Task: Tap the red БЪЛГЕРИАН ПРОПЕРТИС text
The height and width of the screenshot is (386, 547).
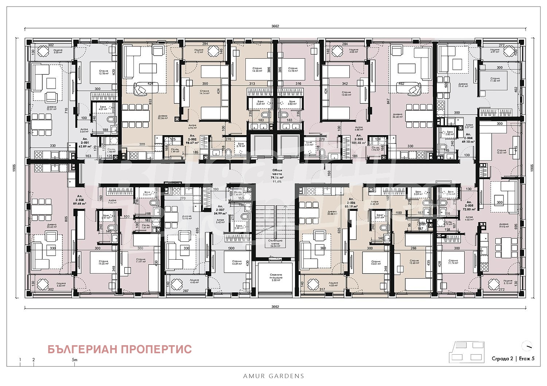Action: (120, 349)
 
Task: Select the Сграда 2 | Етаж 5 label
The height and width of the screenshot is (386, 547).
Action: (513, 358)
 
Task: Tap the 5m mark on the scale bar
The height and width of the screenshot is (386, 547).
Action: (74, 360)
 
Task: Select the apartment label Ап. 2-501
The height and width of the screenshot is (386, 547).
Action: (86, 142)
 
